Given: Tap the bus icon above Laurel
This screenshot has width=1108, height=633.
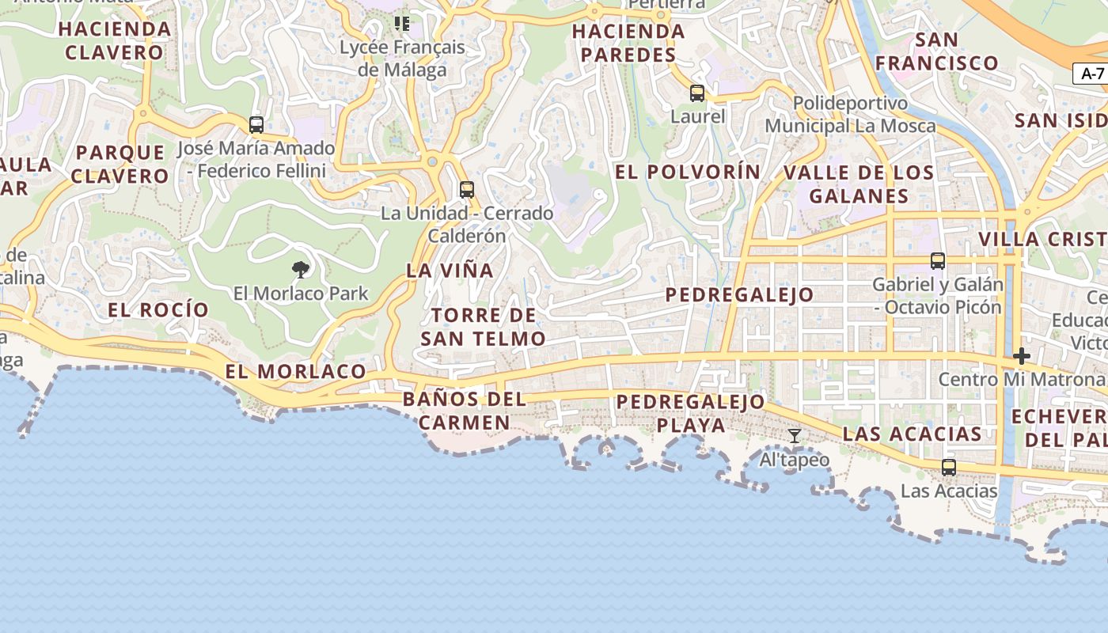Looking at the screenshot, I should [x=697, y=93].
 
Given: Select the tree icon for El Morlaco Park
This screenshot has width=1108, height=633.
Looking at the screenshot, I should [x=300, y=270].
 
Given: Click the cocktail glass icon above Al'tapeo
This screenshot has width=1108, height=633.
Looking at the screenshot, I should [x=795, y=436].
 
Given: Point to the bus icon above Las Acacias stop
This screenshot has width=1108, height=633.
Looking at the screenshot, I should [x=949, y=468].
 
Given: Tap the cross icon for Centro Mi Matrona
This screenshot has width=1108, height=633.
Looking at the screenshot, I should [x=1022, y=356].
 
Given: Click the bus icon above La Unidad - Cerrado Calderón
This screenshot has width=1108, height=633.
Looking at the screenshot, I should [x=467, y=190].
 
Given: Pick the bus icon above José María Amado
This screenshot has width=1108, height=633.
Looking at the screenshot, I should [x=256, y=125].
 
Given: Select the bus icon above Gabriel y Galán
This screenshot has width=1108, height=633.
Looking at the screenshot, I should [x=938, y=261].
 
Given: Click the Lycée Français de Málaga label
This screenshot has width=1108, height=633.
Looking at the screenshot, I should [x=402, y=59].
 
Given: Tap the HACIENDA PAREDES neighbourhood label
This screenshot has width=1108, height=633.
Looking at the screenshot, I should [x=628, y=43].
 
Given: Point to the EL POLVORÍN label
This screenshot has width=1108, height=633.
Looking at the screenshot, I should [x=688, y=172].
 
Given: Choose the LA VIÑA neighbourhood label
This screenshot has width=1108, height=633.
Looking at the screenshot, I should [x=450, y=270].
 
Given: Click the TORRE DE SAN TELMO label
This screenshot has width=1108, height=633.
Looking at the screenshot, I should [x=483, y=327].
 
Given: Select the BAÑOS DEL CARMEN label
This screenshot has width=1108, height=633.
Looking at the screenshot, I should [x=465, y=410].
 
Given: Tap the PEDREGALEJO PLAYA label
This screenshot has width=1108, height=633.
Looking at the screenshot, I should [x=691, y=413].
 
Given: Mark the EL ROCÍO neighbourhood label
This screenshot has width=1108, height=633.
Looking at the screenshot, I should [x=158, y=309].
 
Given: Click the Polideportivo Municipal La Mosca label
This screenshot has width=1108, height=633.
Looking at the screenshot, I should [x=850, y=115].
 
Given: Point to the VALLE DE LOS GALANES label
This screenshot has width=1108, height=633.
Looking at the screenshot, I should [x=859, y=184].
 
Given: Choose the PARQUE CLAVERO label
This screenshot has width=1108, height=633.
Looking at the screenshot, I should [x=120, y=164].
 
